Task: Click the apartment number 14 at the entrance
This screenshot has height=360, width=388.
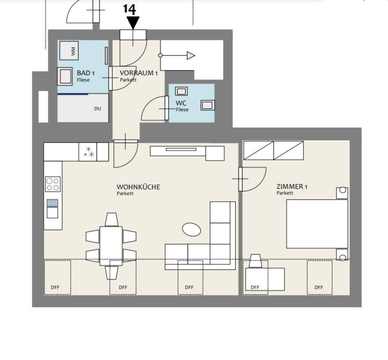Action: [x=130, y=9]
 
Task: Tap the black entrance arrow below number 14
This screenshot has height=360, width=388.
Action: [x=133, y=23]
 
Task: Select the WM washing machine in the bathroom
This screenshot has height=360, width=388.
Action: [x=69, y=51]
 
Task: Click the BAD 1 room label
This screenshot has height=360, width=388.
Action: [x=86, y=73]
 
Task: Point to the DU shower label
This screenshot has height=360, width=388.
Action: [x=98, y=108]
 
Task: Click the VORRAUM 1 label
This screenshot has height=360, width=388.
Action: [x=139, y=73]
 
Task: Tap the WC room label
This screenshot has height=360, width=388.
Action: [x=181, y=103]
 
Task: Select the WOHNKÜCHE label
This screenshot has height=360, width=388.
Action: [x=138, y=187]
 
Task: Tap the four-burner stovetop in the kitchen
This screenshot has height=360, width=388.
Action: [x=53, y=184]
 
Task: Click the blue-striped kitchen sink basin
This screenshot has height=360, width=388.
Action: [x=53, y=203]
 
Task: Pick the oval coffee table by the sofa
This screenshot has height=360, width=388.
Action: [x=191, y=230]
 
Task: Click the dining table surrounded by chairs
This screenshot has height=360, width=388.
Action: [x=111, y=246]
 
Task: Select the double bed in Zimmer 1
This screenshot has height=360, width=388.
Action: [x=317, y=224]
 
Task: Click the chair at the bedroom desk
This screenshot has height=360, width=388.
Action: [x=255, y=261]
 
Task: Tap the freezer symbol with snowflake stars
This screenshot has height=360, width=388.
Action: [x=88, y=152]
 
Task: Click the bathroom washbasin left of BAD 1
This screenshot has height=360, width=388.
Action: [x=65, y=76]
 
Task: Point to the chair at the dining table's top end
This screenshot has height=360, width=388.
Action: [x=111, y=219]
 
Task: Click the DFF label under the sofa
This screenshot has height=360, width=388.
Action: [x=189, y=287]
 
